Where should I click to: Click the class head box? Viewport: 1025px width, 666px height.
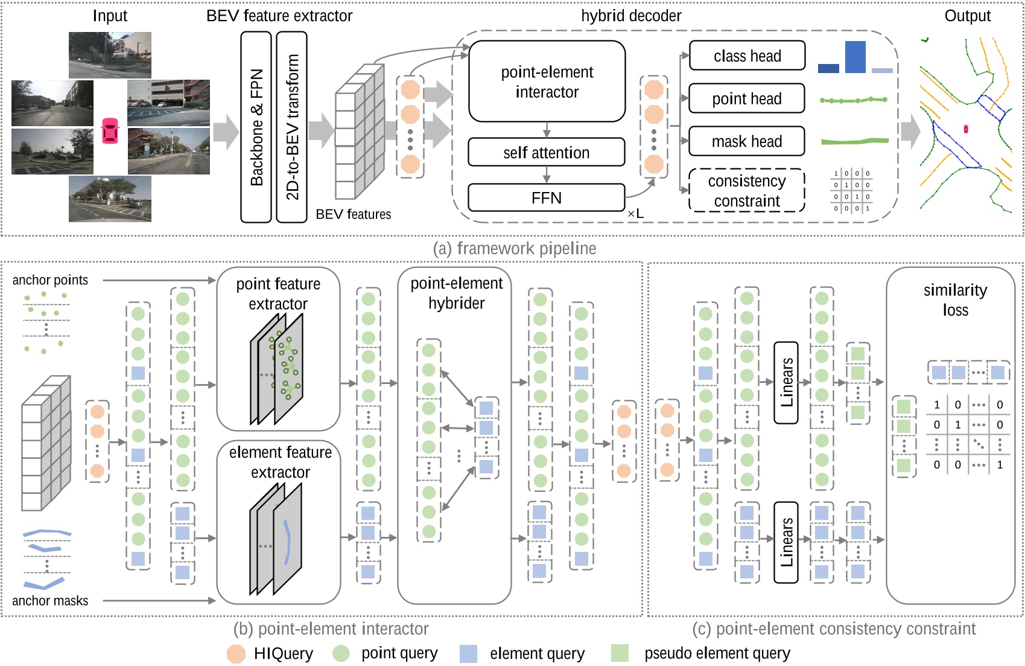[747, 56]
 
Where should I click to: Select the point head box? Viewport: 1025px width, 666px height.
[747, 98]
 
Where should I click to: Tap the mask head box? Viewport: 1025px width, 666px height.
[747, 141]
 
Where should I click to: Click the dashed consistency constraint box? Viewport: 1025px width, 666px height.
[747, 191]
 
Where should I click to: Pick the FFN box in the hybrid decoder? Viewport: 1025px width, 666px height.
[546, 198]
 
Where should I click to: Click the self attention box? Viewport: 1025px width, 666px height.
[546, 153]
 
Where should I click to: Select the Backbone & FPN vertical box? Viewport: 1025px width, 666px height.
[256, 127]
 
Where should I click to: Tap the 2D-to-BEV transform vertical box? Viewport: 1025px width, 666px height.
[291, 127]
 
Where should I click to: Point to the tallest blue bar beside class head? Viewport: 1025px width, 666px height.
[855, 57]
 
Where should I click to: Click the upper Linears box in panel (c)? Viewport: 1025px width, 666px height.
[786, 382]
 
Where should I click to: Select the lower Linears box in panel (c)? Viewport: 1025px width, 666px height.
[786, 542]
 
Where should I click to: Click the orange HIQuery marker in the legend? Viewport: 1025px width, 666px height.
[236, 653]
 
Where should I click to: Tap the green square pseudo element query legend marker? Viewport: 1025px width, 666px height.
[620, 653]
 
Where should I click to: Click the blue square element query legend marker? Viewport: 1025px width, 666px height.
[468, 653]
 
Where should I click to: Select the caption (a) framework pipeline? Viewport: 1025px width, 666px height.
[515, 248]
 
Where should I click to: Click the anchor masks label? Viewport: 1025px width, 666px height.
[50, 601]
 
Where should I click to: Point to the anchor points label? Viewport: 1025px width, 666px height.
[50, 280]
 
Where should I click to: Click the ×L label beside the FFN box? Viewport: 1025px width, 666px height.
[635, 214]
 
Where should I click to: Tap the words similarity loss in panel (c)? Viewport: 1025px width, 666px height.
[955, 300]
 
